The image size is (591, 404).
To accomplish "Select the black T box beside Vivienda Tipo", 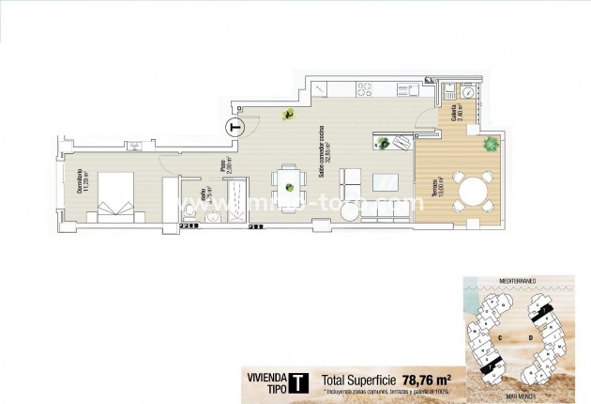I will point(297,382).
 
